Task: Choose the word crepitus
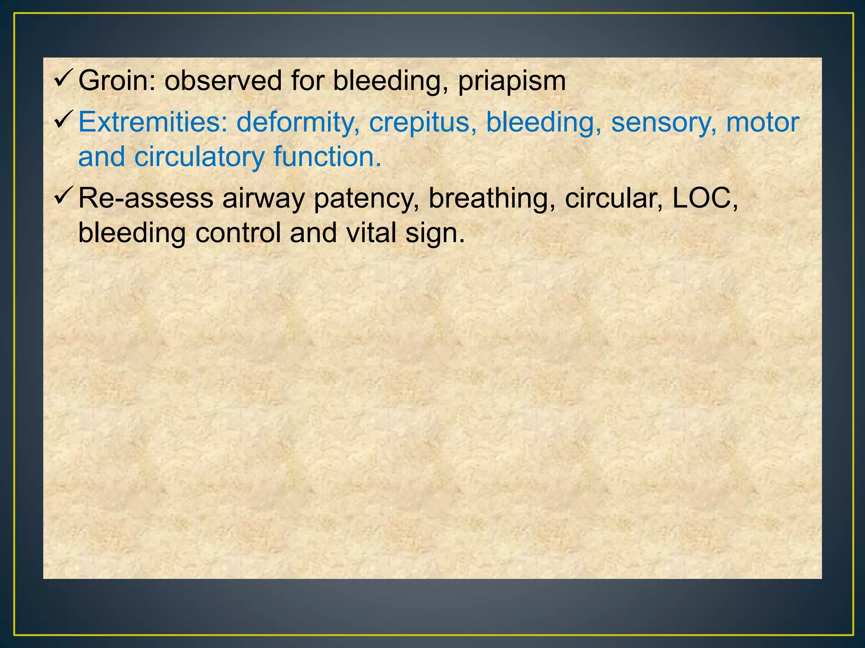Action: [x=420, y=123]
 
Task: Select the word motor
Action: [x=762, y=122]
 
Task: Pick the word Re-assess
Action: [x=146, y=198]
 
